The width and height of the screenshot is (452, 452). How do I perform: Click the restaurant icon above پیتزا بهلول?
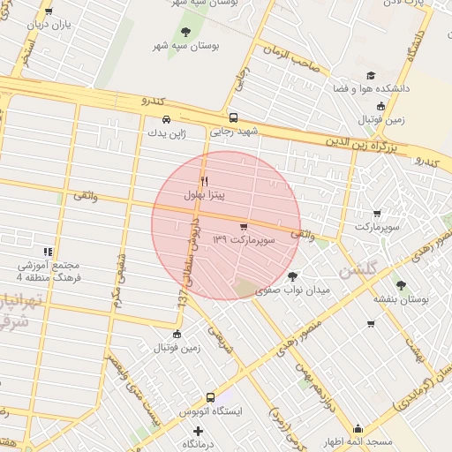pyautogui.click(x=205, y=180)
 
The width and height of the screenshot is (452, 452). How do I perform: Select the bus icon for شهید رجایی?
pyautogui.click(x=233, y=117)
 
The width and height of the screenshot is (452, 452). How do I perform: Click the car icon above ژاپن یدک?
pyautogui.click(x=166, y=119)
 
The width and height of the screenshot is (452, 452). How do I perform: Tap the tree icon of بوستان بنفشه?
pyautogui.click(x=401, y=285)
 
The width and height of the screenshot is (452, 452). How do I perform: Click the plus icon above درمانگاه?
pyautogui.click(x=198, y=432)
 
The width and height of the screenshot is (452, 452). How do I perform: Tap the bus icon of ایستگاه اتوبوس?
pyautogui.click(x=210, y=398)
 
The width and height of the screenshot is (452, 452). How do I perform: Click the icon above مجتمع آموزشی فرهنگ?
pyautogui.click(x=48, y=252)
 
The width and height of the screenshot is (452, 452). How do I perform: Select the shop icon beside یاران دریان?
pyautogui.click(x=48, y=12)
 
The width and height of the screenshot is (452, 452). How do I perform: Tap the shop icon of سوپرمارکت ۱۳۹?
pyautogui.click(x=244, y=227)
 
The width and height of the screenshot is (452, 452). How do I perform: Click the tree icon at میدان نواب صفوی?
pyautogui.click(x=293, y=276)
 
